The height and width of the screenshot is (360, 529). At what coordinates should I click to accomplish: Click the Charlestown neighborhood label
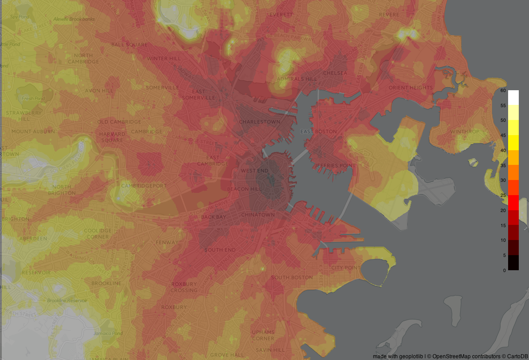tap(260, 122)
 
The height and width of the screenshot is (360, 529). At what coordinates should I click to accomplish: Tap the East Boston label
tap(318, 132)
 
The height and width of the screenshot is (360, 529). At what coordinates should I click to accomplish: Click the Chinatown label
tap(258, 215)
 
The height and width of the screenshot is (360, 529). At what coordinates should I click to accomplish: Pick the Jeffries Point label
tap(335, 166)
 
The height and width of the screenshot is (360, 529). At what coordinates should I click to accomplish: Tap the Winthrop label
tap(465, 132)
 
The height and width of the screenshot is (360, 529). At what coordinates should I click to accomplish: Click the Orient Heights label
tap(410, 88)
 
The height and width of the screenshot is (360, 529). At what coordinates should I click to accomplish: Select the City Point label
tap(346, 268)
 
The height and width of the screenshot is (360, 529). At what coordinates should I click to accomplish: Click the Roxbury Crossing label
tap(184, 287)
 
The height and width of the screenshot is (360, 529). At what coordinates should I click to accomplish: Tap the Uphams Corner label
tap(263, 335)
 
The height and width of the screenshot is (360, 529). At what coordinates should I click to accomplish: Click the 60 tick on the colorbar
tap(503, 90)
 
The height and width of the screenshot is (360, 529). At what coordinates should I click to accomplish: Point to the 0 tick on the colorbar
tap(504, 270)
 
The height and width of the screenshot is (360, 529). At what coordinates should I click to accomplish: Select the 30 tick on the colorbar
tap(503, 180)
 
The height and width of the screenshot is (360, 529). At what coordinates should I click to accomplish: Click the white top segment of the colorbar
tap(513, 97)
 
